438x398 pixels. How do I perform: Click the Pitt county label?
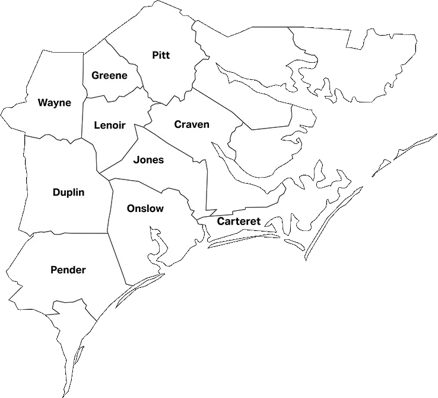[x=161, y=55]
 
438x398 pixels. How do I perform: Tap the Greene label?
[x=109, y=76]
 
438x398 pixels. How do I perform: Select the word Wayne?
[x=55, y=102]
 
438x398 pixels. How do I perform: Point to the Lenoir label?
[x=110, y=126]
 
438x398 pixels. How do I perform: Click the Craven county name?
[x=192, y=124]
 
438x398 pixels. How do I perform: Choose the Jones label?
[x=148, y=159]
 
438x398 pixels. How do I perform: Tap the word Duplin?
[x=68, y=192]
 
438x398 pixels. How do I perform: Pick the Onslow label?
[x=145, y=208]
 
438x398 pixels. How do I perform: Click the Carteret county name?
[x=239, y=222]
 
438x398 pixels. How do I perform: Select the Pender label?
[x=68, y=270]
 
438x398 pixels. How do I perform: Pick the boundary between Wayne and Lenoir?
[x=82, y=118]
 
